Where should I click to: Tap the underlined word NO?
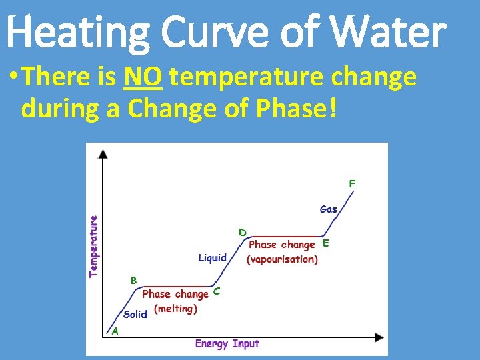coord(143,78)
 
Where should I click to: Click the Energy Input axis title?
coord(227,344)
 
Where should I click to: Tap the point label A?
coord(115,331)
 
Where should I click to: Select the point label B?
coord(133,280)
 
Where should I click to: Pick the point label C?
coord(217,292)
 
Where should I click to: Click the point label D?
coord(243,233)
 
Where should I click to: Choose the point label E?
coord(325,243)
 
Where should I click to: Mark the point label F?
coord(352,182)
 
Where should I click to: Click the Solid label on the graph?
coord(134,314)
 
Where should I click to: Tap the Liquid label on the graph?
coord(213,257)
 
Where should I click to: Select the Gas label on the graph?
coord(329,209)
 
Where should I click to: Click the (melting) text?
coord(175,309)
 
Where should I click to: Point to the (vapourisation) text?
coord(282,259)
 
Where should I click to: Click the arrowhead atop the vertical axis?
coord(103,154)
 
